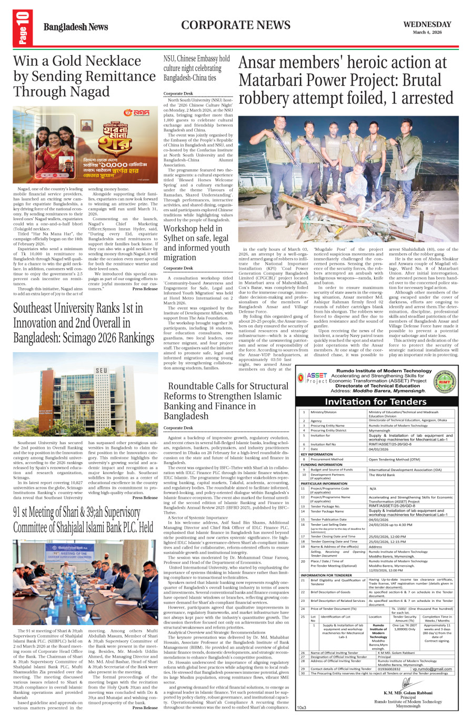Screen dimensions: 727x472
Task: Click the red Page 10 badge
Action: coord(23,27)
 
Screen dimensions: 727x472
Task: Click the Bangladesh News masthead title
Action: coord(76,27)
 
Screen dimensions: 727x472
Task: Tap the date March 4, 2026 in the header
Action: coord(427,33)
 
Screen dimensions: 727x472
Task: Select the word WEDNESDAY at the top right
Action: coord(427,24)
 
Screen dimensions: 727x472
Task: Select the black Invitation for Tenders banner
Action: coord(375,402)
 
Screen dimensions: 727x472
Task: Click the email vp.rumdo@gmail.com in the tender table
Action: coord(431,669)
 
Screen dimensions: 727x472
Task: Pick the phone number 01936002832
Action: coord(389,669)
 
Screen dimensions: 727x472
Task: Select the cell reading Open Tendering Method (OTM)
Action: coord(394,459)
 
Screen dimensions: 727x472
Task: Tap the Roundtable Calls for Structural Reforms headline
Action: coord(226,401)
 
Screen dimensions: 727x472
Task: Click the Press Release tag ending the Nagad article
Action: coord(145,289)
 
